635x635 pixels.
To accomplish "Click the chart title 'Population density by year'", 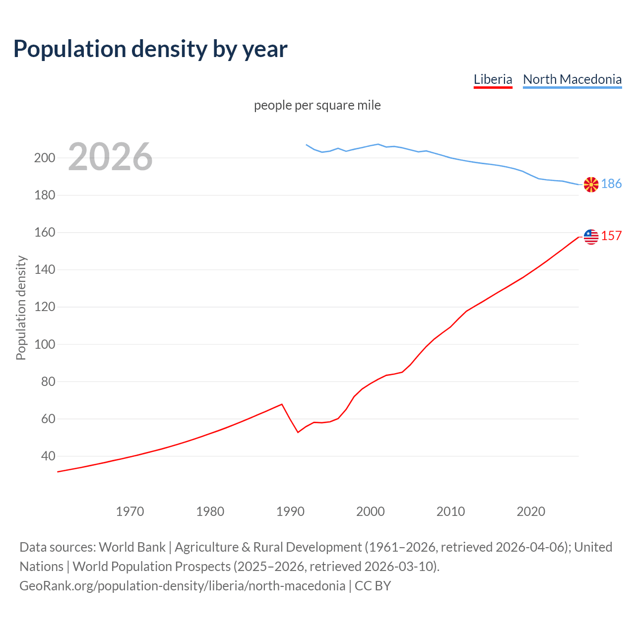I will (x=150, y=49).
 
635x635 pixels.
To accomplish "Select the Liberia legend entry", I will (x=493, y=79).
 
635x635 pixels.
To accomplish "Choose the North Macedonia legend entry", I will (x=572, y=79).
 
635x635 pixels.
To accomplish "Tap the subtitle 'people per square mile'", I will (x=317, y=106).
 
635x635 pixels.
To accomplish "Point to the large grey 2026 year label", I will (x=110, y=157).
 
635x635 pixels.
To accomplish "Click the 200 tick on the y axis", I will (x=44, y=158).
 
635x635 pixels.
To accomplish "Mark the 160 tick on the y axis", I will (x=44, y=233).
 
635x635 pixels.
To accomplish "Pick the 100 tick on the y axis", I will (x=44, y=344).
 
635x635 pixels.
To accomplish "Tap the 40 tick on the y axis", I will (x=48, y=456).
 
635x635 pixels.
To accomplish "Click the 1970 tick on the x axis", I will (x=130, y=511).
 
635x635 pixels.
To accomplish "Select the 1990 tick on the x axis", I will (x=290, y=511).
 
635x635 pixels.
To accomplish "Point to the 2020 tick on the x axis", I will (x=531, y=511).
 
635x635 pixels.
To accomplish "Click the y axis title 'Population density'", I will (x=21, y=308).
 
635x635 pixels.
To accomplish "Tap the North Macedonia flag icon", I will (x=591, y=185).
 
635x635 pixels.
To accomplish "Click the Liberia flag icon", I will (x=591, y=237).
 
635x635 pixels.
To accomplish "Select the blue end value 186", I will (x=611, y=184).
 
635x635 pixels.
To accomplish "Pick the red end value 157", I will (x=611, y=236).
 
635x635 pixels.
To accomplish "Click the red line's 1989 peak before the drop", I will (x=282, y=404).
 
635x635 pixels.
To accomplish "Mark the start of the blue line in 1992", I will (x=306, y=144).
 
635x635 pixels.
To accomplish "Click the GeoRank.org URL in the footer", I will (x=182, y=586).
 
